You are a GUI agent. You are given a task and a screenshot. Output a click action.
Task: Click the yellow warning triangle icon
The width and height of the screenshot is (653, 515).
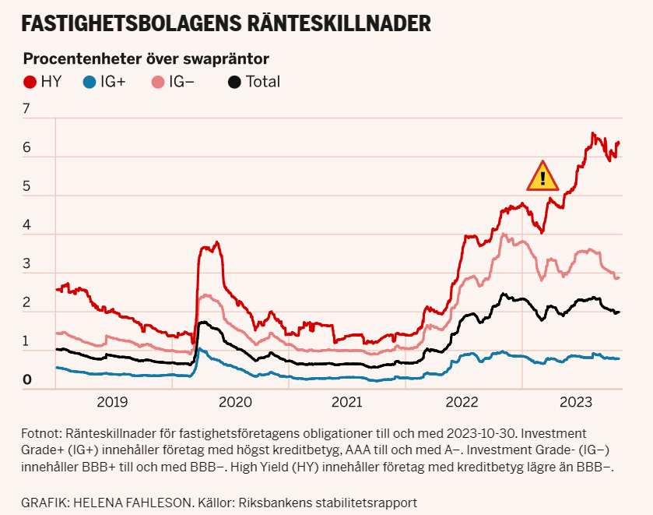coord(542,178)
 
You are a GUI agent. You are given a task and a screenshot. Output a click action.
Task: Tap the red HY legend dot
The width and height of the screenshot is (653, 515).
coord(30,82)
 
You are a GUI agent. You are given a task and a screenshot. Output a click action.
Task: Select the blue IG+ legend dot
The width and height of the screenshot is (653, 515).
coord(90,82)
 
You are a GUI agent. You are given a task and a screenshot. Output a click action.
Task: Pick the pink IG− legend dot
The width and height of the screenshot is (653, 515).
coord(158,82)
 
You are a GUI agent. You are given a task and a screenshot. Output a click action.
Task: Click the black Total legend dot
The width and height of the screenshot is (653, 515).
coord(235,82)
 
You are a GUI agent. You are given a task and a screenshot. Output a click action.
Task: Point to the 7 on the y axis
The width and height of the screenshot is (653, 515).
coord(26,109)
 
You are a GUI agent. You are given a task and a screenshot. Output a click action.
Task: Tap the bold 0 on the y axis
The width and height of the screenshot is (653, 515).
coord(26,379)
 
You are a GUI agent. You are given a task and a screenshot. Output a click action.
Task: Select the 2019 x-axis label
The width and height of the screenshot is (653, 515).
coord(113,402)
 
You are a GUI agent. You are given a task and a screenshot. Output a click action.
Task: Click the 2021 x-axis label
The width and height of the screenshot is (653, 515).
coord(346,402)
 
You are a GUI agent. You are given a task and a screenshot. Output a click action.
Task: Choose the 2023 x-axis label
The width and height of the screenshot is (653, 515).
coord(578,402)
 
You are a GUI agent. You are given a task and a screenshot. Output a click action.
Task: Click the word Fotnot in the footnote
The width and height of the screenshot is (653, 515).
coord(42,432)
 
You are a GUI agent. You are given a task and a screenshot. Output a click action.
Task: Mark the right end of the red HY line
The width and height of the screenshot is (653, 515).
coord(619,143)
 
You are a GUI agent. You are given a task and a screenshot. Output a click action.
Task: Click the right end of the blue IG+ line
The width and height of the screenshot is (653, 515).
coord(619,358)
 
